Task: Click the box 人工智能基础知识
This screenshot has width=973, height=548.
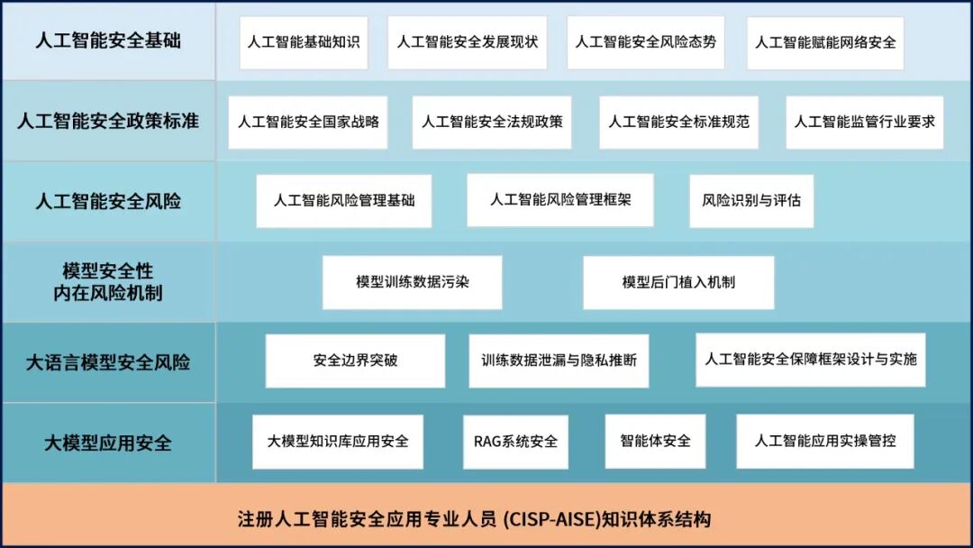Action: pos(304,42)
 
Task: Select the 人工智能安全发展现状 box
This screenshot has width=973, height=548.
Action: pos(468,42)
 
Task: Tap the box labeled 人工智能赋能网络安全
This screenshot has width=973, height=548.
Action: pos(825,43)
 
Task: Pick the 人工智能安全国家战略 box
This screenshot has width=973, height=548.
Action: pos(308,123)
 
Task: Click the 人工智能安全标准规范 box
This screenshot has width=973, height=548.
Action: pos(679,123)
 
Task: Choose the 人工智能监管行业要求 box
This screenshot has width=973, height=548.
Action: pos(864,123)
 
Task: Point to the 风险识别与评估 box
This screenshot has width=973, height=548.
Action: pos(751,201)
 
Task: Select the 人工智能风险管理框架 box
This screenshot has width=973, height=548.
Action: pos(560,200)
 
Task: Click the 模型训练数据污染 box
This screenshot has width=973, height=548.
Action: pos(412,282)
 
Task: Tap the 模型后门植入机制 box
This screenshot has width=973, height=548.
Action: pos(679,282)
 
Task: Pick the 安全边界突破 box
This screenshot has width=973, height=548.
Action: pos(356,361)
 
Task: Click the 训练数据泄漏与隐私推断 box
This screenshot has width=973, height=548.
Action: pos(559,361)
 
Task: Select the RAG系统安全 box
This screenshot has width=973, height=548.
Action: pos(515,442)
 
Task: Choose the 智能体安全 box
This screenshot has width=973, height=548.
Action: pos(655,442)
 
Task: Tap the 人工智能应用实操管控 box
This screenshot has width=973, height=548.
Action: pos(825,442)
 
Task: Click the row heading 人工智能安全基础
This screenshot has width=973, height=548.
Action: pos(109,41)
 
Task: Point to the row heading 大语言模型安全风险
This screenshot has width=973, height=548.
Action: pos(108,362)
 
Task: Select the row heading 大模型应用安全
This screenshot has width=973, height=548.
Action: pos(108,443)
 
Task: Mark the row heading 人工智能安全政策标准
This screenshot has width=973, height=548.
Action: pos(108,121)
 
